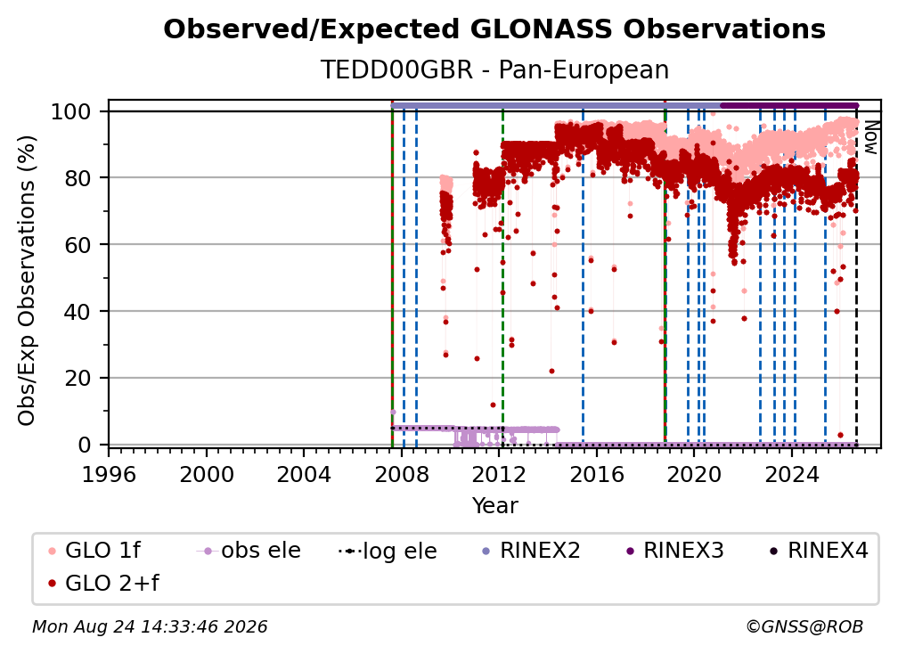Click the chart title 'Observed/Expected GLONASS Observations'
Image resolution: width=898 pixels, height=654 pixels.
point(494,29)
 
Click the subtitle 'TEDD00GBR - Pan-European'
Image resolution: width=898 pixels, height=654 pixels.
point(494,69)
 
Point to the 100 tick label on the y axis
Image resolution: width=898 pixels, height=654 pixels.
point(71,111)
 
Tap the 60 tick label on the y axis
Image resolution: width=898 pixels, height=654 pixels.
point(78,245)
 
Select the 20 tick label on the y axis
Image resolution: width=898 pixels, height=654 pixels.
point(78,379)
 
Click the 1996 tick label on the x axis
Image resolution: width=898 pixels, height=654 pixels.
point(109,475)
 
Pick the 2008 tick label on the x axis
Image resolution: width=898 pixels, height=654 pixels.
point(402,475)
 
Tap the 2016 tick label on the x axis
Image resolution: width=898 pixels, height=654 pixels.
point(597,475)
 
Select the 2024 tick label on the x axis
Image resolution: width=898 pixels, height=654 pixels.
point(792,475)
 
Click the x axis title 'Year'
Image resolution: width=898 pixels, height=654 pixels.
point(494,506)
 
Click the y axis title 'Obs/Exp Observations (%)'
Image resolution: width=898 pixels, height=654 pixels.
point(27,281)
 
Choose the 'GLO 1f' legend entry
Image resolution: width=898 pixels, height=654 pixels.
point(94,551)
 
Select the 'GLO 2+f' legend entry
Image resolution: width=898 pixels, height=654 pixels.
point(103,584)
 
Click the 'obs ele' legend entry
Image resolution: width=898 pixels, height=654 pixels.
point(249,551)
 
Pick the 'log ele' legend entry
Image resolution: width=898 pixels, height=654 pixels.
point(388,551)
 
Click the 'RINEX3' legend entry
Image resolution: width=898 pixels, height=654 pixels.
point(675,551)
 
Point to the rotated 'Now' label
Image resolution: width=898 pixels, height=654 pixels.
point(870,137)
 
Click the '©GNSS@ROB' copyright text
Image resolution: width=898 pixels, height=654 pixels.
point(804,627)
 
